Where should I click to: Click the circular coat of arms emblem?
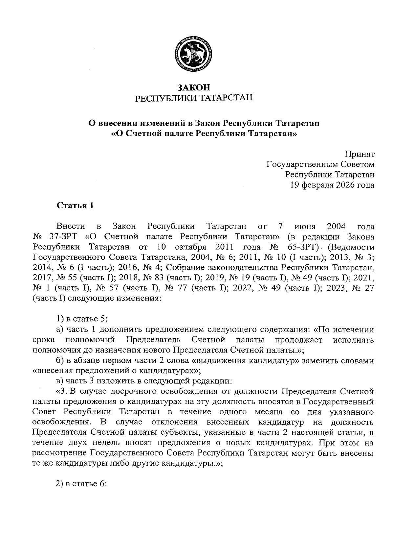click(193, 55)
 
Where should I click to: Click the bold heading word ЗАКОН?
click(193, 87)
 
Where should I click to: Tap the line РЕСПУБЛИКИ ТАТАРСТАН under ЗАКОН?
click(193, 98)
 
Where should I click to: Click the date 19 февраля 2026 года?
click(332, 185)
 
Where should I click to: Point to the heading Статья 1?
click(75, 206)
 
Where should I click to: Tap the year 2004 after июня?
click(336, 227)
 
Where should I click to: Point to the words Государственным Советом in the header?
click(320, 164)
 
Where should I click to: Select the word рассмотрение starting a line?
click(59, 453)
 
